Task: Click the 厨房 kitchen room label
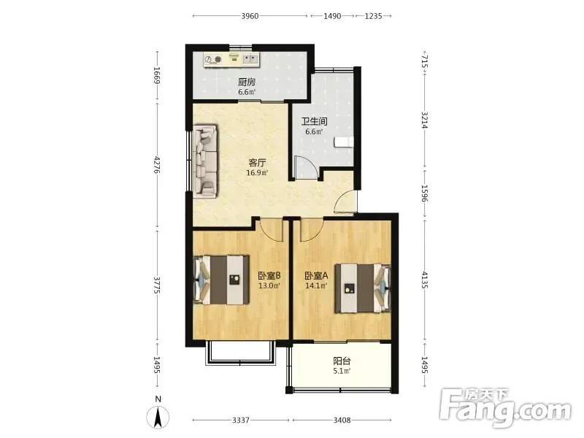[247, 82]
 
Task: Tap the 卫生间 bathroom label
[314, 121]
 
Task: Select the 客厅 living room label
[257, 163]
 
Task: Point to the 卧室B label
[269, 276]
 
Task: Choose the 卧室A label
[316, 276]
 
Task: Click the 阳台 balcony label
[342, 361]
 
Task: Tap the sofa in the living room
[205, 161]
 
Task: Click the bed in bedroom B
[222, 280]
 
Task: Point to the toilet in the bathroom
[343, 142]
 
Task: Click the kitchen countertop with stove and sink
[231, 60]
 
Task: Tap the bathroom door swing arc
[306, 167]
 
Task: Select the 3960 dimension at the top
[250, 16]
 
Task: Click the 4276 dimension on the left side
[158, 165]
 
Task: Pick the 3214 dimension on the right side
[425, 120]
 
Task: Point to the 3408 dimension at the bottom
[342, 420]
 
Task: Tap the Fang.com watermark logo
[505, 408]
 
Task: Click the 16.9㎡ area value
[257, 173]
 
